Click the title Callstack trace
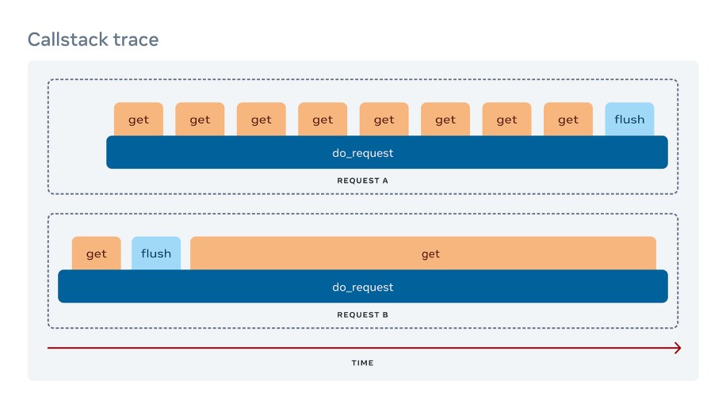pos(93,39)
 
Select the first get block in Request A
pos(139,120)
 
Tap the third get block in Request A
pos(262,120)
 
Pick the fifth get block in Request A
pos(384,120)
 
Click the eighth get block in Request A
pos(568,120)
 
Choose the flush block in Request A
pos(629,120)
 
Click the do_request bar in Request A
pos(387,153)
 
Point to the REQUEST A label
pos(362,181)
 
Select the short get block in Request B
pos(96,254)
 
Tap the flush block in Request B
pos(156,254)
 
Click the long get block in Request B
pos(423,254)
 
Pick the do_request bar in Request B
pos(362,287)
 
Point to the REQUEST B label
pos(362,315)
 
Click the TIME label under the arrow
pos(362,363)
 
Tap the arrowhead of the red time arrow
pos(677,348)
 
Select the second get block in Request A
pos(200,120)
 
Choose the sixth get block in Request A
pos(445,120)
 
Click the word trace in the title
pos(135,39)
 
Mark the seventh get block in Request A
pos(507,120)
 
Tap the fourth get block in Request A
pos(323,120)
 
